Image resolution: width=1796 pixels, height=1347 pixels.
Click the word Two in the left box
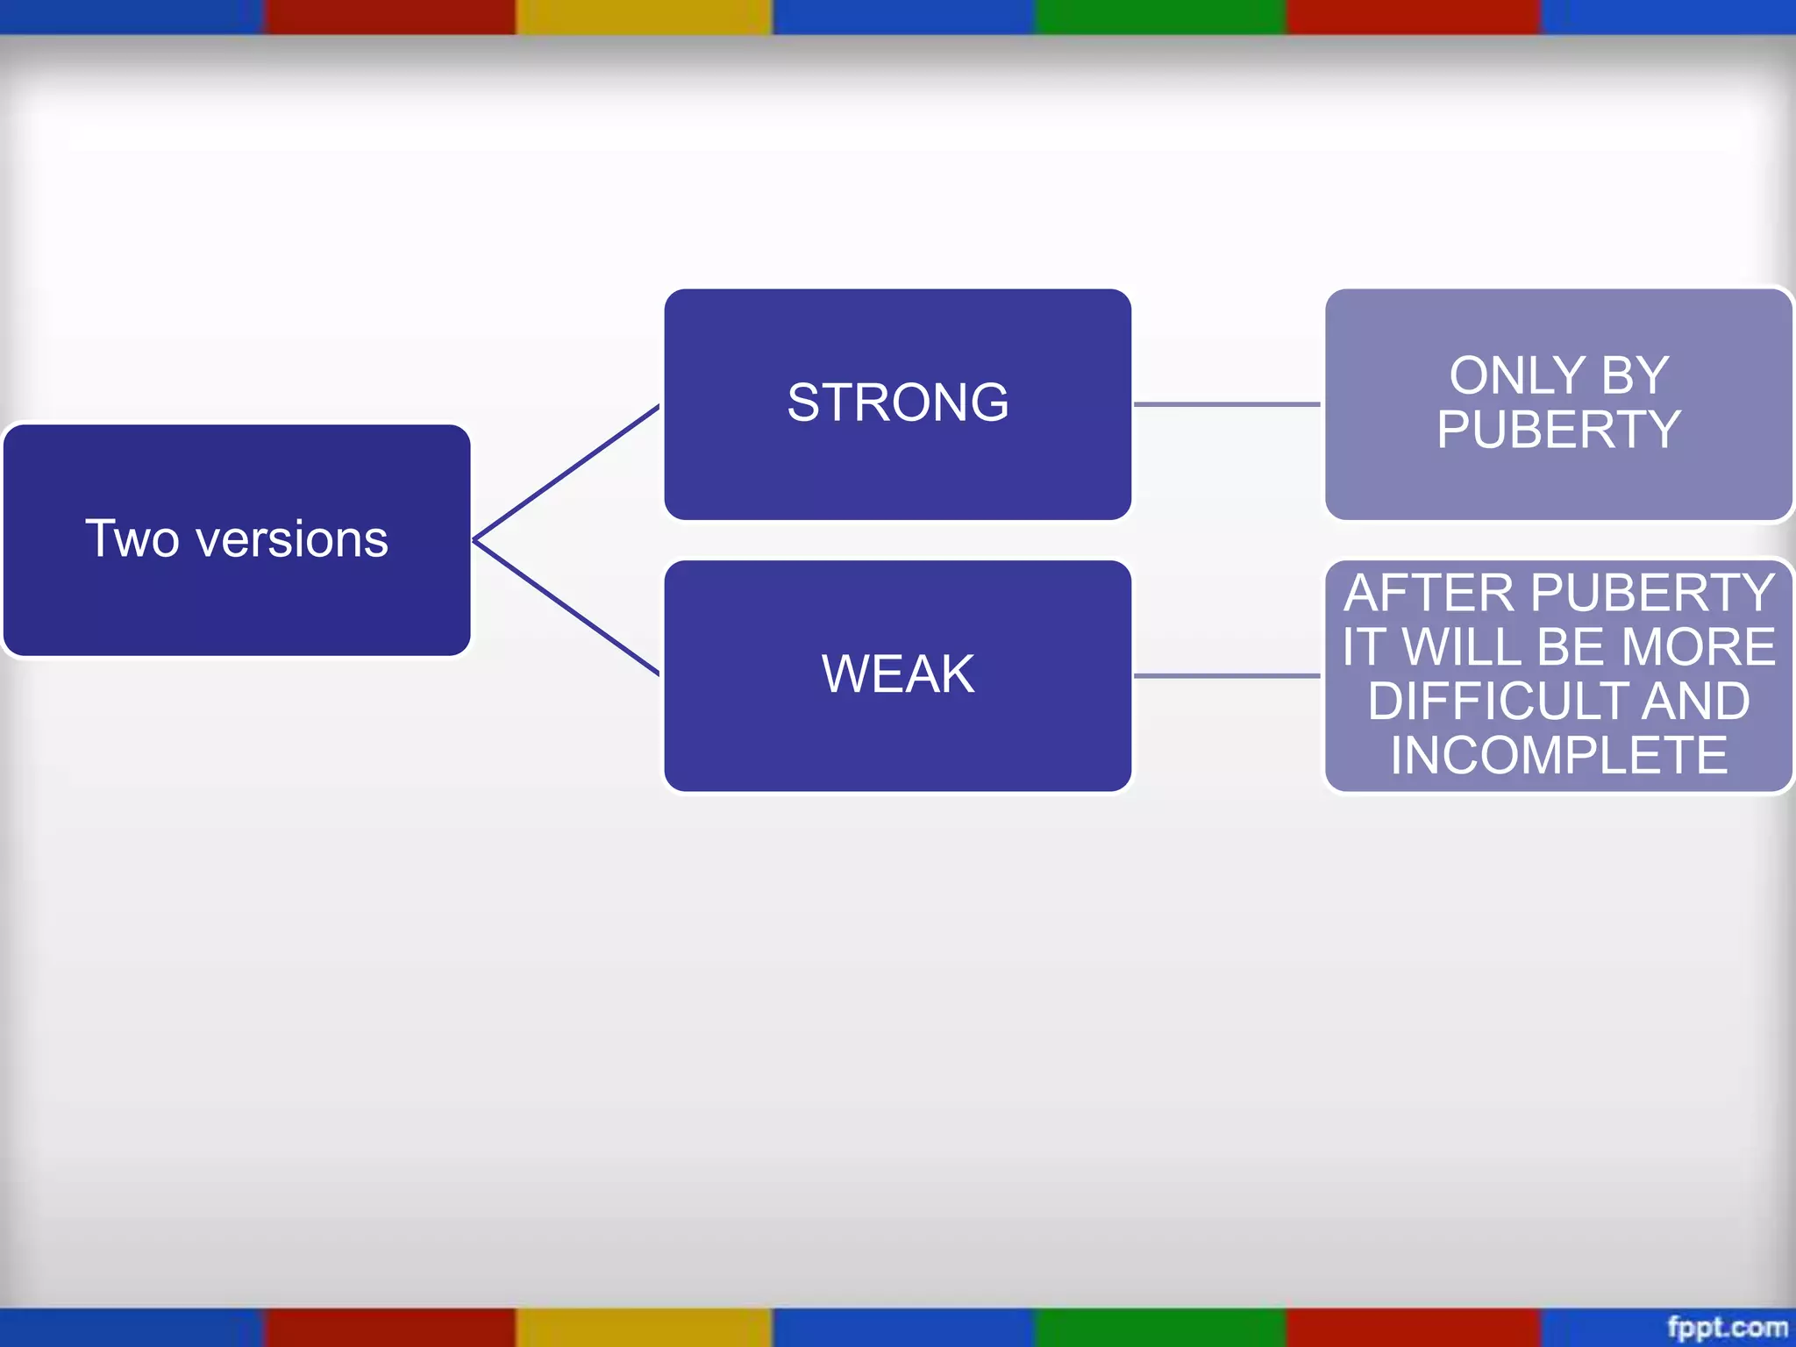coord(132,538)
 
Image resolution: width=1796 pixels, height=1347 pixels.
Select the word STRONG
coord(897,403)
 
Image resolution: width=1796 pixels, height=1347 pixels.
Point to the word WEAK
coord(897,674)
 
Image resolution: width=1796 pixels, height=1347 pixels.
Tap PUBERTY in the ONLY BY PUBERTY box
coord(1558,431)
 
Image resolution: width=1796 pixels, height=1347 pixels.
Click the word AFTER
coord(1429,594)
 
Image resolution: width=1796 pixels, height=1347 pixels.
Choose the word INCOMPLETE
coord(1558,756)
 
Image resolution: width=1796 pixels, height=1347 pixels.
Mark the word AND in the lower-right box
coord(1696,702)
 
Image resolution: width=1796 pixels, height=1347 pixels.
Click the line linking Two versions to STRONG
coord(566,473)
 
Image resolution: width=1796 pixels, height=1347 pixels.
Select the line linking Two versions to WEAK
coord(566,608)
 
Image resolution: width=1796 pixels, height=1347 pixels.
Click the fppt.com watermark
coord(1727,1327)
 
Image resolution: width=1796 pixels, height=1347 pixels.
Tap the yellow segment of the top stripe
coord(644,17)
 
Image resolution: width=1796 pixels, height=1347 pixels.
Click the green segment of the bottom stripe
coord(1160,1328)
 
